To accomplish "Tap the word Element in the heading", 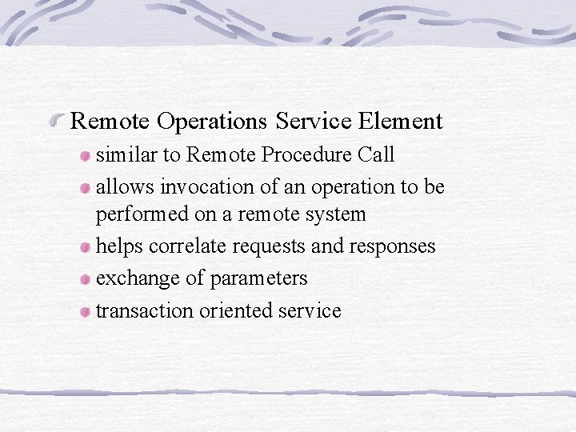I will pos(401,122).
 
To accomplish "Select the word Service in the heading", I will pos(313,122).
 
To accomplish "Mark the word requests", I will pos(266,246).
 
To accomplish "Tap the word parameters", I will pos(258,278).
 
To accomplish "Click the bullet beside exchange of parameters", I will pos(85,279).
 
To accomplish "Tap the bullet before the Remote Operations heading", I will pos(57,122).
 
